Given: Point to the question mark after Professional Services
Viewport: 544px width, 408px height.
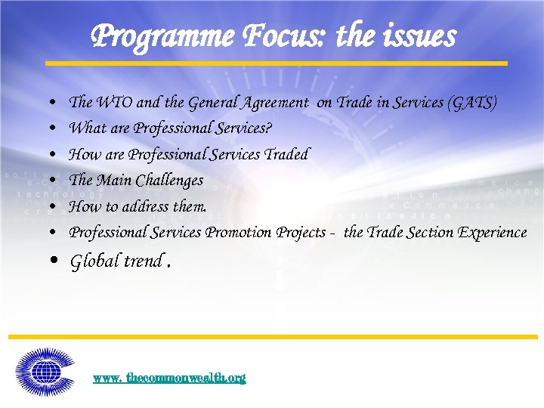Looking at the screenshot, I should click(x=269, y=128).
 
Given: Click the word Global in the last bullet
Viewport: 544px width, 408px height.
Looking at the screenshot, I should click(x=94, y=261).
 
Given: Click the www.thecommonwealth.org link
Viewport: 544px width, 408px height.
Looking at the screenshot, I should click(x=169, y=378).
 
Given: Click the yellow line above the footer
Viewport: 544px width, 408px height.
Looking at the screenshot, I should click(x=272, y=336).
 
